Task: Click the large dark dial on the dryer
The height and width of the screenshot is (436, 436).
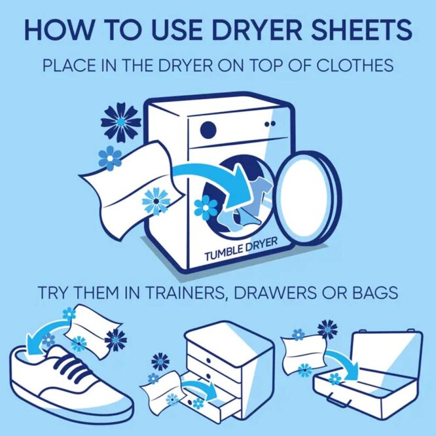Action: click(208, 128)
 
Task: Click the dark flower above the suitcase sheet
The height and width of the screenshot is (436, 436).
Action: click(327, 328)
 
